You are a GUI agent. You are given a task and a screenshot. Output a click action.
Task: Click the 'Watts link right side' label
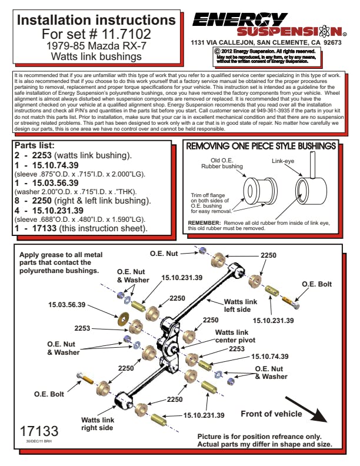(x=97, y=424)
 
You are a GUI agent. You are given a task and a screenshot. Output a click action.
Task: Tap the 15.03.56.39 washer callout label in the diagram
(x=66, y=305)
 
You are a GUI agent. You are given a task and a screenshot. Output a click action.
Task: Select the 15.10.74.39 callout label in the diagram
(x=270, y=357)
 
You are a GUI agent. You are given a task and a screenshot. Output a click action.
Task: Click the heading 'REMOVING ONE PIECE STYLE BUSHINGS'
(x=261, y=145)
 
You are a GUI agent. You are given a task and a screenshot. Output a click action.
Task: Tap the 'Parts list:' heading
(x=35, y=145)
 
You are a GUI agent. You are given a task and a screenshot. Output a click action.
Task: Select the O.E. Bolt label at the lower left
(x=49, y=393)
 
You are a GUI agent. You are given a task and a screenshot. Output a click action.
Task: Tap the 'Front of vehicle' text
(x=271, y=414)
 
